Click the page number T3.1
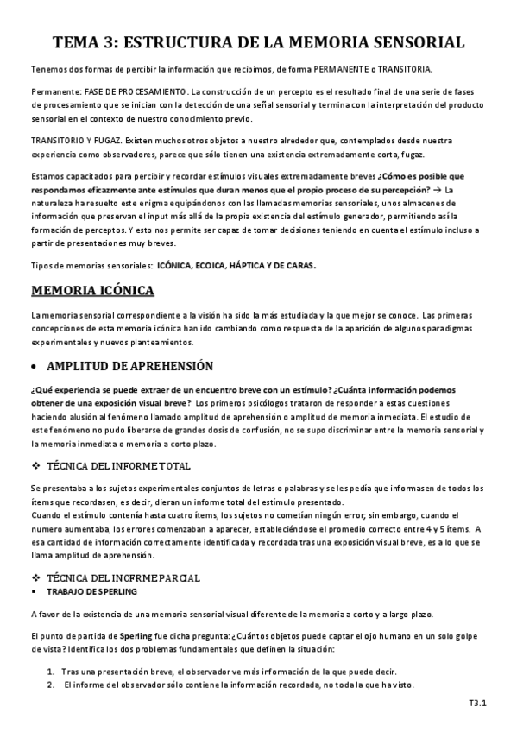click(x=477, y=704)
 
